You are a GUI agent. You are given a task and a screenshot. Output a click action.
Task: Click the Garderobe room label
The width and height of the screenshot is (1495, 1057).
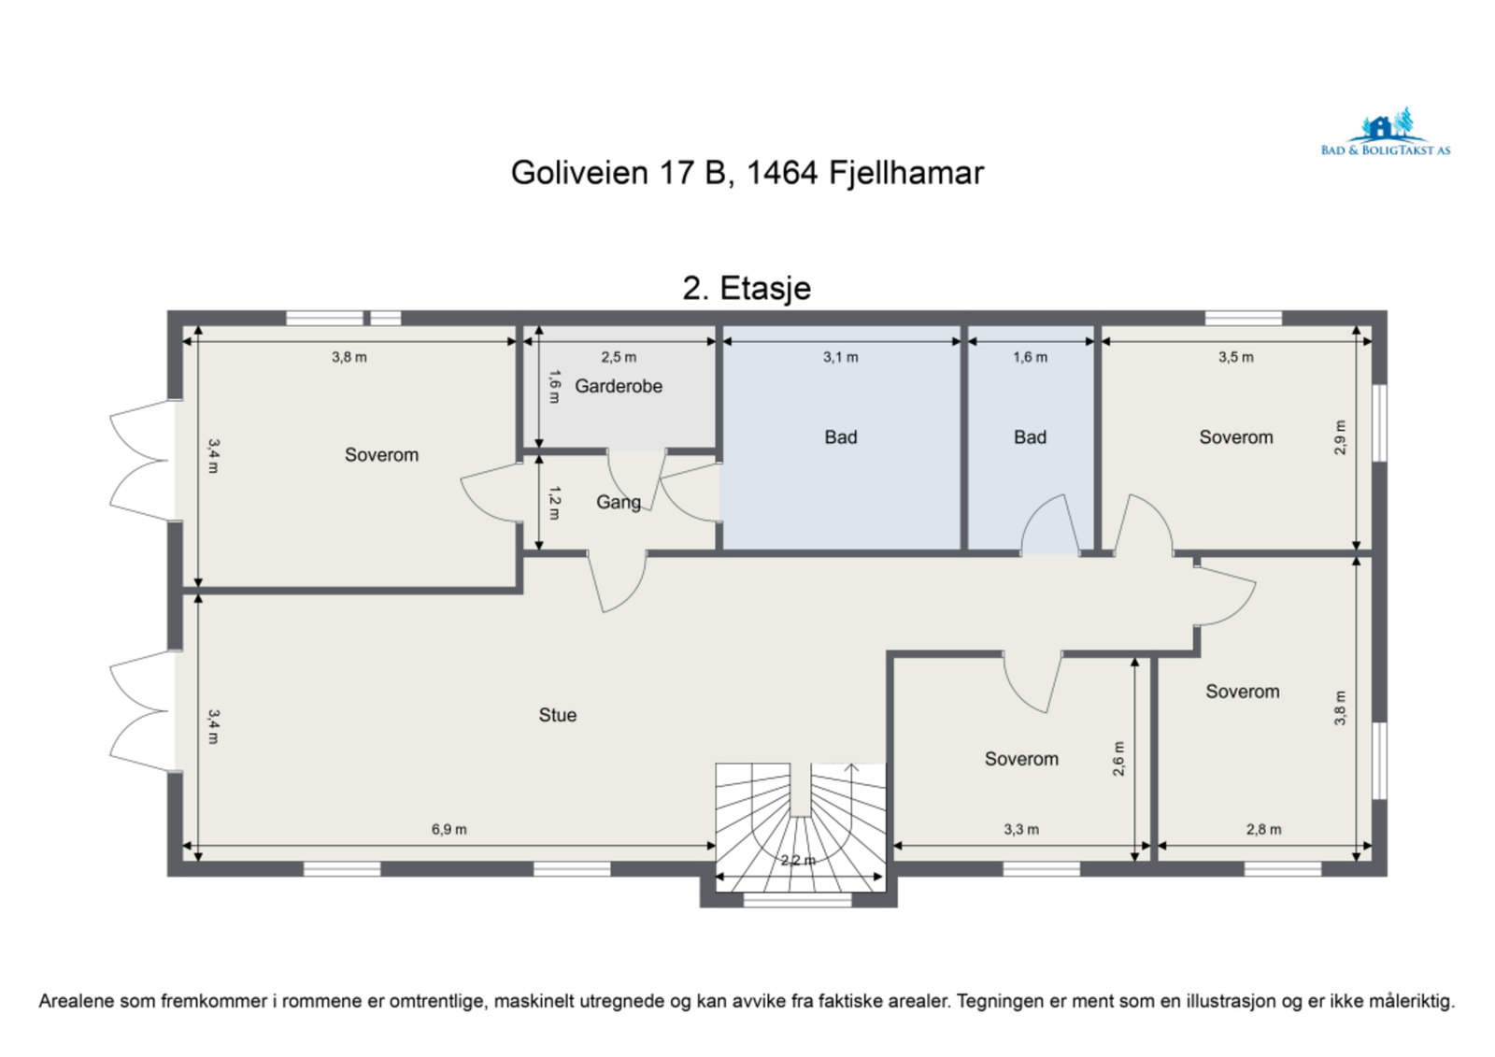[618, 386]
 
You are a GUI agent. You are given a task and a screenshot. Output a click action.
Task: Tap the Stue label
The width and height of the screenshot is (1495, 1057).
[557, 715]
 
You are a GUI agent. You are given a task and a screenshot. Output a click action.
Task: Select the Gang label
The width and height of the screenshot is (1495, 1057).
[619, 502]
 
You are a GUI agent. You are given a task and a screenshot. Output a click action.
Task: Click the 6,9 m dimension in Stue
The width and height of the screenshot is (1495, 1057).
[448, 829]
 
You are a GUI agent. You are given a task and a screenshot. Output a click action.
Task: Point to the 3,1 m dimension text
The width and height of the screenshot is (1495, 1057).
[840, 357]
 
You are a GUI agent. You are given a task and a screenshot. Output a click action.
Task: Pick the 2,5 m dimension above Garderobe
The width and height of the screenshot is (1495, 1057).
[619, 357]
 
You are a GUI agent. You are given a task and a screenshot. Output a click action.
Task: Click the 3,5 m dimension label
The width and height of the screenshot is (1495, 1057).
[1235, 357]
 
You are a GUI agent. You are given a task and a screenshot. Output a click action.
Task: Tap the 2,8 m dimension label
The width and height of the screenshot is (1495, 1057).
[1263, 829]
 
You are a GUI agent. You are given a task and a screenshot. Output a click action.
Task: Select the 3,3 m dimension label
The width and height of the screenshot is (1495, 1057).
[1021, 829]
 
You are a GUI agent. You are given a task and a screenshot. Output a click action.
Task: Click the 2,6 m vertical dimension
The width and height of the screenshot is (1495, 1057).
[1118, 758]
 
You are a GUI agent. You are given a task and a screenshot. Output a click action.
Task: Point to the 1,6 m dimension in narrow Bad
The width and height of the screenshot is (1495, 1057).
[1030, 357]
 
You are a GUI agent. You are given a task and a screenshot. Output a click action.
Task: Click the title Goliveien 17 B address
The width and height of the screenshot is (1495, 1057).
[747, 173]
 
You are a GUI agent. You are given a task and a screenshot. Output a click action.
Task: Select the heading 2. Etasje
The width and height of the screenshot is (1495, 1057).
[747, 288]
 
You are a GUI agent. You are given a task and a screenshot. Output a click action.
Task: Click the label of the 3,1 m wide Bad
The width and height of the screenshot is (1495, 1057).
[840, 437]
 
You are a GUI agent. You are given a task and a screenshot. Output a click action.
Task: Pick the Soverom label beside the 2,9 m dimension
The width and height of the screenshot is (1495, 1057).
[1235, 437]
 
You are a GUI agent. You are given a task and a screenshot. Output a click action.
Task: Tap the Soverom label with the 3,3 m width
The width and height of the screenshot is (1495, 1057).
[1021, 759]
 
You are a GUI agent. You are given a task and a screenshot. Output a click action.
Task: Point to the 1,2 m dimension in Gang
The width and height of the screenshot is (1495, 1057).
[554, 502]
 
